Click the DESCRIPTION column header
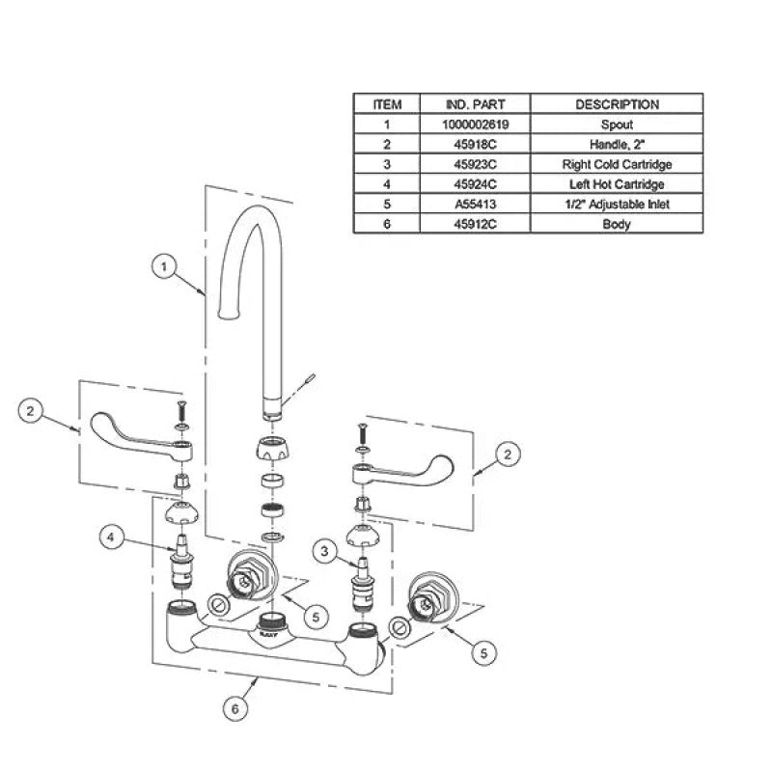coord(617,104)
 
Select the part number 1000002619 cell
coord(475,124)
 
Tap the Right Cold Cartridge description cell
coord(617,164)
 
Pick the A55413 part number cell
coord(475,204)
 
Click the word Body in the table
coord(617,224)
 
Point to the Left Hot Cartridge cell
coord(617,184)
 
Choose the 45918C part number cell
coord(475,144)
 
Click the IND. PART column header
coord(475,104)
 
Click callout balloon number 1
coord(164,267)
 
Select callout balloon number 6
coord(234,708)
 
